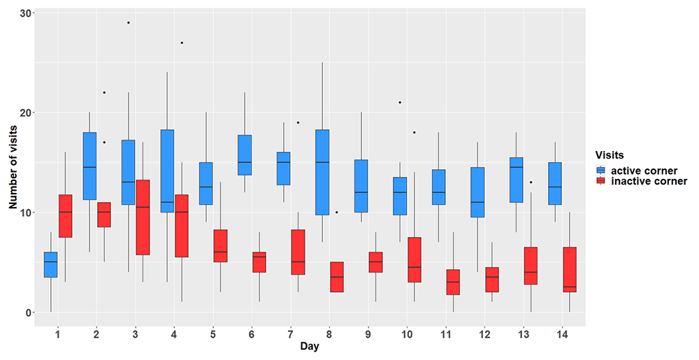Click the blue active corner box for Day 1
point(50,265)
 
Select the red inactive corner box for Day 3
point(143,217)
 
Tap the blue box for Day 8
point(322,173)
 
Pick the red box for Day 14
point(570,270)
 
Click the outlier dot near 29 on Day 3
point(129,22)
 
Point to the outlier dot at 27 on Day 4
point(182,43)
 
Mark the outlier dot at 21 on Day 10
point(400,103)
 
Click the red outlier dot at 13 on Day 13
point(531,182)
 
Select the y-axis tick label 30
point(26,13)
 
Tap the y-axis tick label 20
point(26,113)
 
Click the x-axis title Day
point(310,346)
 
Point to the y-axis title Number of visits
point(13,167)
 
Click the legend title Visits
point(610,155)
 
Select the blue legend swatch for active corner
point(601,171)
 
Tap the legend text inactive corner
point(649,181)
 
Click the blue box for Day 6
point(245,155)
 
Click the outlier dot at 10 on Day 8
point(337,213)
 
